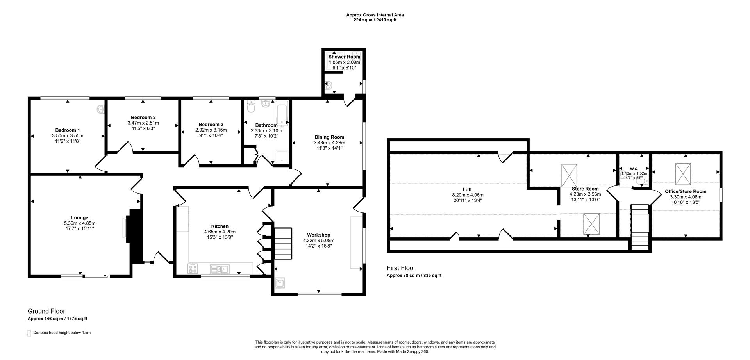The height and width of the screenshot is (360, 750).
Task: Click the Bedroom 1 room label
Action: coord(68,130)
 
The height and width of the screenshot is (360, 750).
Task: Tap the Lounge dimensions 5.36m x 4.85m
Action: coord(80,223)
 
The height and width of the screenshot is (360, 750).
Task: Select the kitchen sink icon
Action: coord(220,269)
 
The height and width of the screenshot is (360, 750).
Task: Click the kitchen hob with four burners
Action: coord(193,268)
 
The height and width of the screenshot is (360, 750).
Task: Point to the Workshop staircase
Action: coord(283,244)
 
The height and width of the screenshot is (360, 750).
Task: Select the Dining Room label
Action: coord(329,137)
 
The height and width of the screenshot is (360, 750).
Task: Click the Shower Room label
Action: coord(344,57)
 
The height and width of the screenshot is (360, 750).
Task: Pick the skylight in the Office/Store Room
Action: coord(683,174)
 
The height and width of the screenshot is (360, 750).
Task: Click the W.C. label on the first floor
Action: coord(634,169)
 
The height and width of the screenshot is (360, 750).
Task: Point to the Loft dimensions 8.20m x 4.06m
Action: coord(468,195)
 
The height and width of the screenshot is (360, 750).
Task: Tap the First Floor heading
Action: coord(401,268)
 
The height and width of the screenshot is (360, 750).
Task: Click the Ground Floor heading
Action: coord(46,311)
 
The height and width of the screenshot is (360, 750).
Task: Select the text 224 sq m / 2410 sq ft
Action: coord(375,20)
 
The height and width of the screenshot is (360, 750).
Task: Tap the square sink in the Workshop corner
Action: coord(280,283)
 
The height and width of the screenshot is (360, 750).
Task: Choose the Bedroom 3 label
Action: coord(211,125)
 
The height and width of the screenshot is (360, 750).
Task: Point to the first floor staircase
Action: coord(640,227)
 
